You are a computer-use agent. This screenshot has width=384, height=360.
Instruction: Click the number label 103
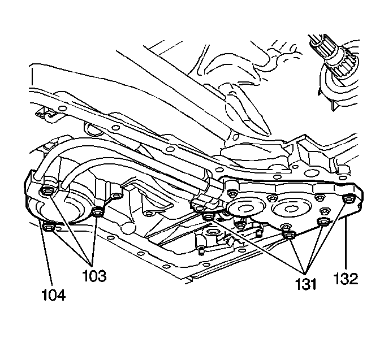(x=93, y=277)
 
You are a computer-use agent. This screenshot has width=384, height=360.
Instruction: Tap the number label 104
(x=53, y=294)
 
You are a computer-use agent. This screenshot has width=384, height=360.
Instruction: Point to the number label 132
(x=346, y=278)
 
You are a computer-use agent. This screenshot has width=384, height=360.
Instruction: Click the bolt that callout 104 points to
(x=47, y=228)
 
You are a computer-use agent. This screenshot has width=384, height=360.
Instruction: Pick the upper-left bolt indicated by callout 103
(x=48, y=193)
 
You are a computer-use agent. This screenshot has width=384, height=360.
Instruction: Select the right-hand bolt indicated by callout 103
(x=98, y=212)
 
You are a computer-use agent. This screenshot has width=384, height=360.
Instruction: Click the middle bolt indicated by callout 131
(x=289, y=235)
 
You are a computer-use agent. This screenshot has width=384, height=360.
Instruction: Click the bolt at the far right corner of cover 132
(x=348, y=198)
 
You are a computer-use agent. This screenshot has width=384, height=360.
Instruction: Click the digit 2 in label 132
(x=354, y=278)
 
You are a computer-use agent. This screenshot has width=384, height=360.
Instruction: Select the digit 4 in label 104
(x=61, y=294)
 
